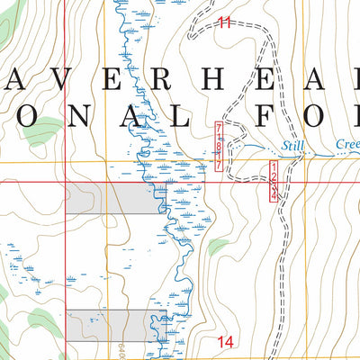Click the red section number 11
224,22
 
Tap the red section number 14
225,340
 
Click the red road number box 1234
274,181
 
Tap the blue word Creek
346,143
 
